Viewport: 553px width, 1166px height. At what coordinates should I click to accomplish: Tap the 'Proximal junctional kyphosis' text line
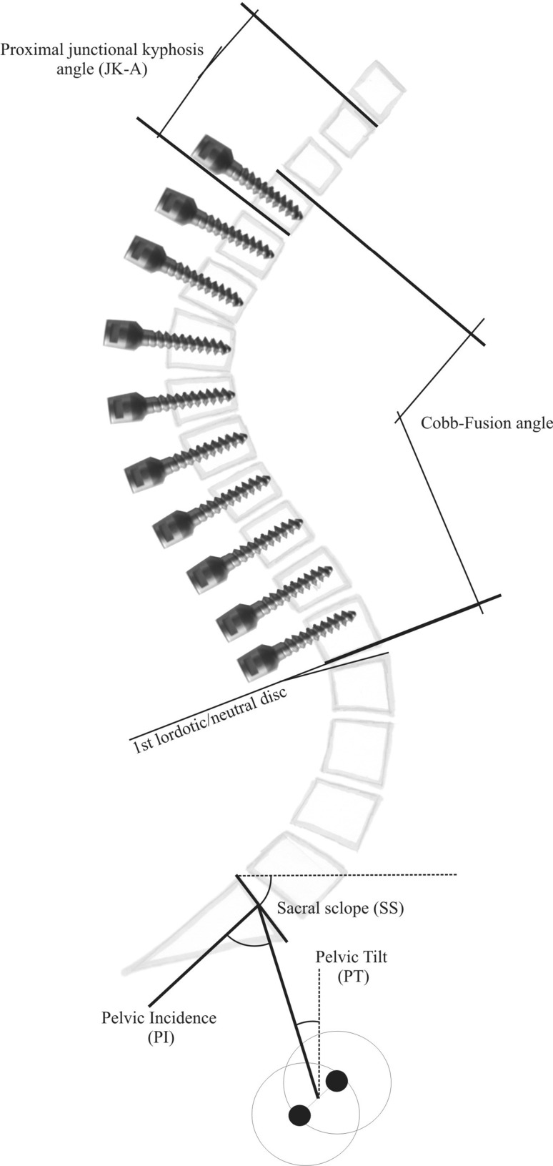[x=102, y=51]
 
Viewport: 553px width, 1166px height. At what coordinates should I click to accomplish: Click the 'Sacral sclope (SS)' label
[x=340, y=909]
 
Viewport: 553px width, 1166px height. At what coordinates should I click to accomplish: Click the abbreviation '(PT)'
[x=354, y=978]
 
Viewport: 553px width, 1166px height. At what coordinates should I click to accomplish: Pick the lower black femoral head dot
[x=299, y=1114]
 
